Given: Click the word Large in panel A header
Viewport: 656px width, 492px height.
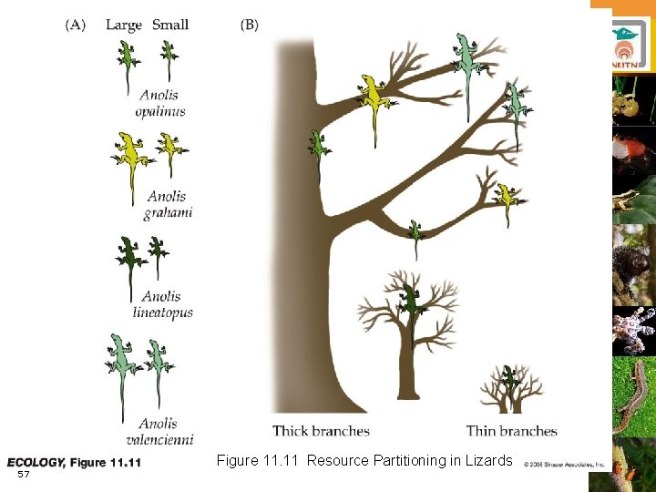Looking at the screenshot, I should (x=124, y=25).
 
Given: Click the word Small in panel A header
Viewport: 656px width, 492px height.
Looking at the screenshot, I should (x=170, y=25).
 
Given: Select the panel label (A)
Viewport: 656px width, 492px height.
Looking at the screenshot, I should (x=76, y=25).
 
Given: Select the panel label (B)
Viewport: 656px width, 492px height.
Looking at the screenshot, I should (x=250, y=25).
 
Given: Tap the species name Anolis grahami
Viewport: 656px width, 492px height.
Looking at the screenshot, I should (x=168, y=204).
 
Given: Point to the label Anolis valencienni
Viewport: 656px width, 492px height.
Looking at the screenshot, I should (x=165, y=431).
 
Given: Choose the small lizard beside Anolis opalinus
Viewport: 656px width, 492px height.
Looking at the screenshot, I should (x=169, y=58).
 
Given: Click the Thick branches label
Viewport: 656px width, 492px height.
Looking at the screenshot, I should (x=321, y=431).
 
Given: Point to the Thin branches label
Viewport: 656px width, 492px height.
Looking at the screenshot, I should (x=511, y=431).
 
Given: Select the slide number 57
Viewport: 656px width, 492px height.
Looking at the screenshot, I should (x=24, y=475).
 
